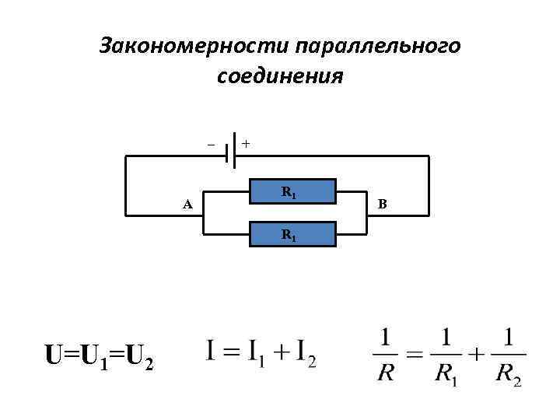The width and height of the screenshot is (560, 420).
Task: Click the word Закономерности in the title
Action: [x=194, y=47]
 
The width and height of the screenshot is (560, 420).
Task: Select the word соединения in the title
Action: [x=280, y=78]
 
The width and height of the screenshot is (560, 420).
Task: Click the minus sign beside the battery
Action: [x=209, y=144]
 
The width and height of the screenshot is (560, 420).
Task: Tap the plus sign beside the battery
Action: [x=246, y=144]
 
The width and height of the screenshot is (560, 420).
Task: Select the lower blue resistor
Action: [x=292, y=233]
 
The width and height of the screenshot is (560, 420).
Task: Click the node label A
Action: [x=187, y=205]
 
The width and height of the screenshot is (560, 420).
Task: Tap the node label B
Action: [x=382, y=204]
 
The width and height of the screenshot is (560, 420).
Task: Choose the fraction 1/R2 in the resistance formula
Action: [x=508, y=355]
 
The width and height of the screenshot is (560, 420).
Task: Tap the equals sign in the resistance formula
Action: [x=414, y=355]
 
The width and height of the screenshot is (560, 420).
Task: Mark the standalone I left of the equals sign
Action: [x=212, y=352]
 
